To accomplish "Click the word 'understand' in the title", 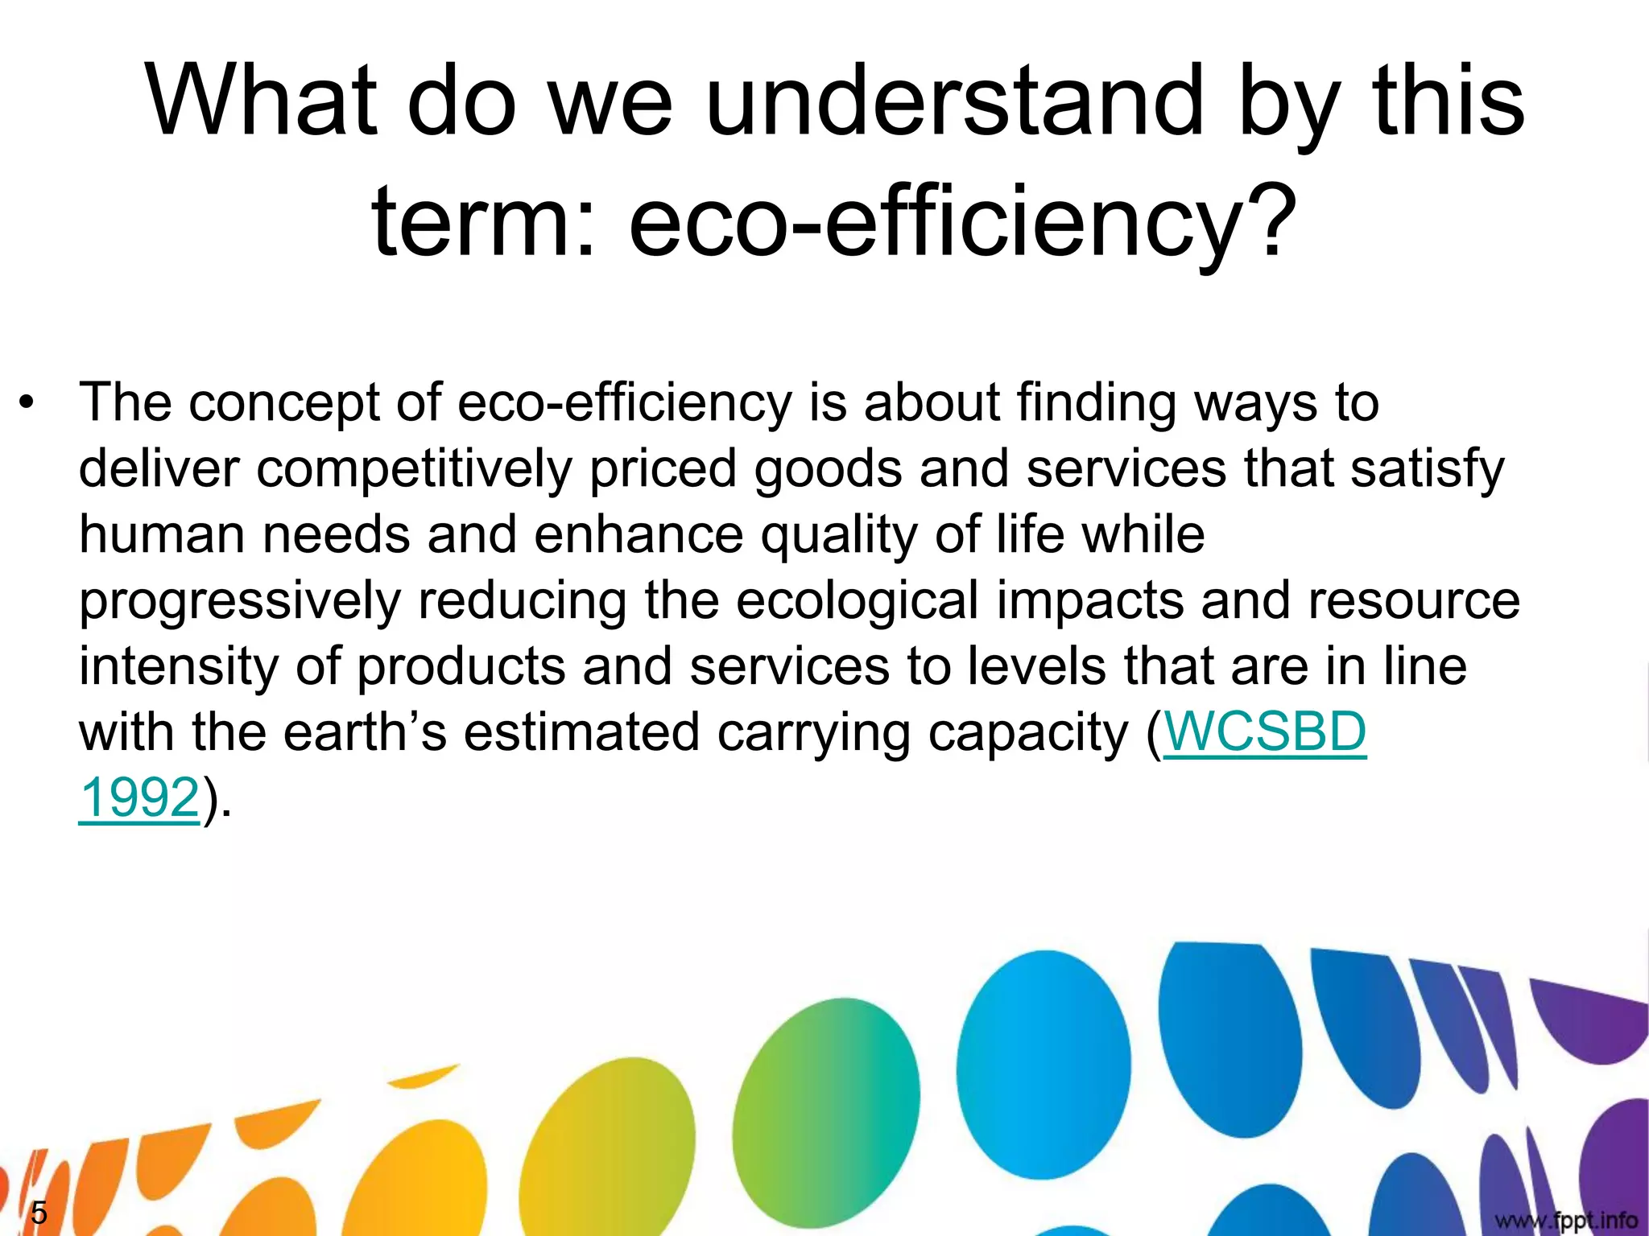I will click(x=953, y=101).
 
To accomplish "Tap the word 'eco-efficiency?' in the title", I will click(x=963, y=222).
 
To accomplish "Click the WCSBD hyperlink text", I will click(x=1265, y=732).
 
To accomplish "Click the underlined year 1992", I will click(x=139, y=798).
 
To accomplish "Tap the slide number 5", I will click(x=38, y=1213).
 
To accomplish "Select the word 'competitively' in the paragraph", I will click(x=414, y=469).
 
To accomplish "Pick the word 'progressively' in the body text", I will click(x=240, y=602).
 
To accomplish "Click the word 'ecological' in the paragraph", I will click(x=857, y=600).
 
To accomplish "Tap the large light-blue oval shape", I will click(x=1044, y=1062).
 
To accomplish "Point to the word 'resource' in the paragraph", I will click(x=1414, y=600).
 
